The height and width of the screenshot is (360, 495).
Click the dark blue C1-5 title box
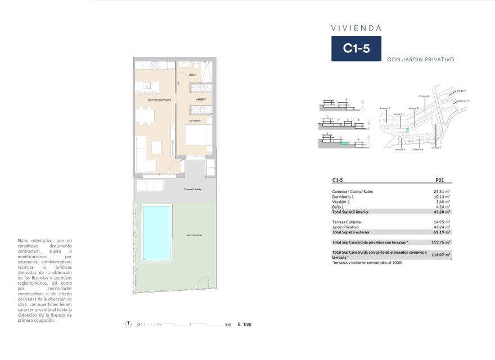pos(356,48)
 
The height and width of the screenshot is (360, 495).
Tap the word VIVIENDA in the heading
pos(356,28)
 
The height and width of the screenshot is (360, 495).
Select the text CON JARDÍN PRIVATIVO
pos(421,59)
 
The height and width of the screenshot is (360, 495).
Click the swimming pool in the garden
pos(157,231)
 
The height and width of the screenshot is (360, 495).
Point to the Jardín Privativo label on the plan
pos(194,235)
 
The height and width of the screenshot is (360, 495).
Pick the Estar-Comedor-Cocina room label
pos(159,100)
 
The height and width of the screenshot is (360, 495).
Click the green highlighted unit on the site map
pos(407,129)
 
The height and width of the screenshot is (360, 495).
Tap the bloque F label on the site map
pos(385,108)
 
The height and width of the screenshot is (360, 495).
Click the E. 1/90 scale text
pos(245,325)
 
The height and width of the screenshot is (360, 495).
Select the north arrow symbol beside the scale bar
pos(129,324)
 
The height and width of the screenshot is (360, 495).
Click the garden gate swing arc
pos(208,285)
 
